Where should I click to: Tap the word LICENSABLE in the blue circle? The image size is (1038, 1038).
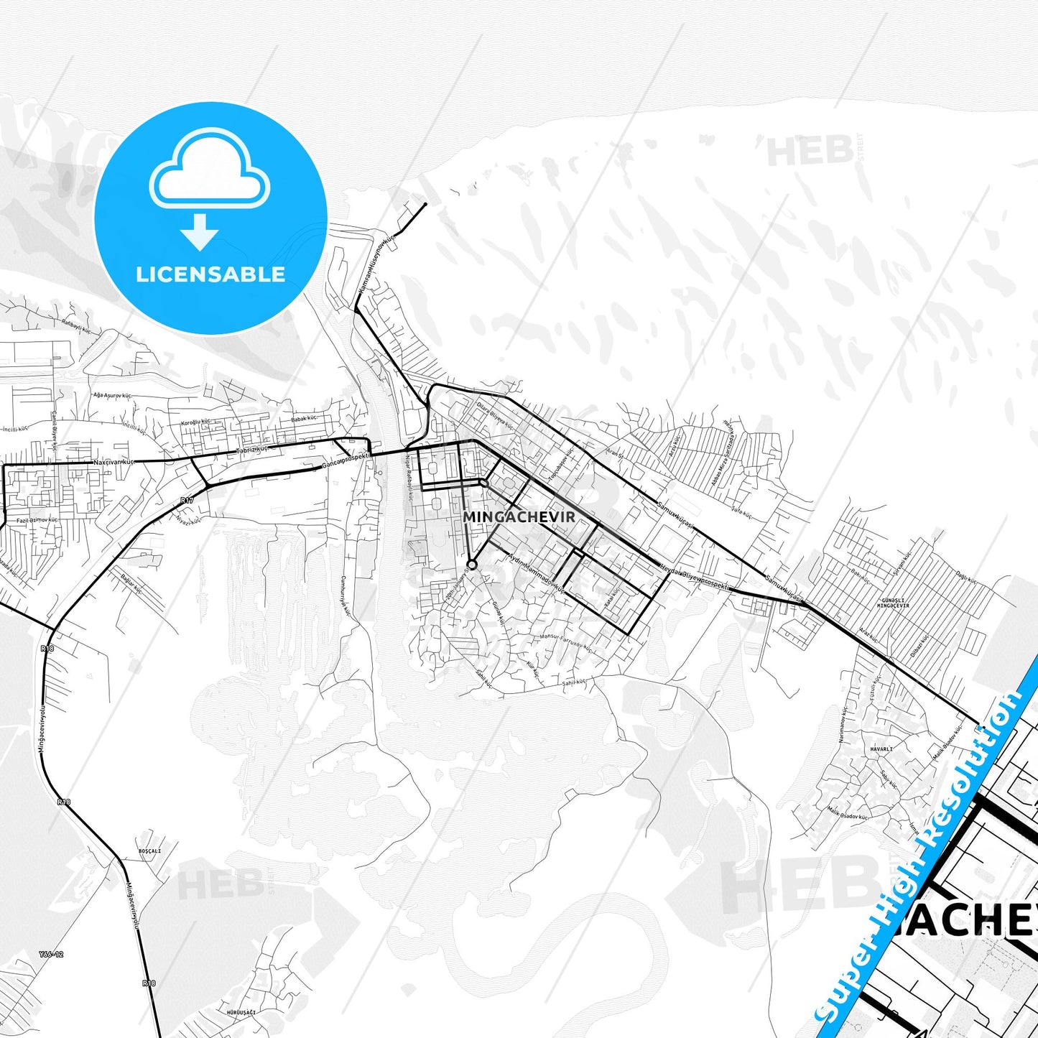pos(210,274)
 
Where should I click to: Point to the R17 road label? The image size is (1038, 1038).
pos(187,500)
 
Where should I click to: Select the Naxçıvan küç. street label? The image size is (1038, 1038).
pos(113,462)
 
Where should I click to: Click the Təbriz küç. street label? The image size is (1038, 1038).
pos(252,450)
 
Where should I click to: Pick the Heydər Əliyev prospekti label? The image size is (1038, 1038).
pos(694,579)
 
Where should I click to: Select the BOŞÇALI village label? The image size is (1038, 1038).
pos(149,851)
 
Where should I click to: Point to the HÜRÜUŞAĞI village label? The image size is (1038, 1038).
pos(241,1011)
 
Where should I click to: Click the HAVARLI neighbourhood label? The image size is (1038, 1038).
pos(881,749)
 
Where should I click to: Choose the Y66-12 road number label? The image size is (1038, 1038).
pos(52,954)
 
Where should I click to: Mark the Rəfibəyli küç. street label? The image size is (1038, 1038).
pos(77,327)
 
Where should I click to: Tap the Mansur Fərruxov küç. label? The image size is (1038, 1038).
pos(565,641)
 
